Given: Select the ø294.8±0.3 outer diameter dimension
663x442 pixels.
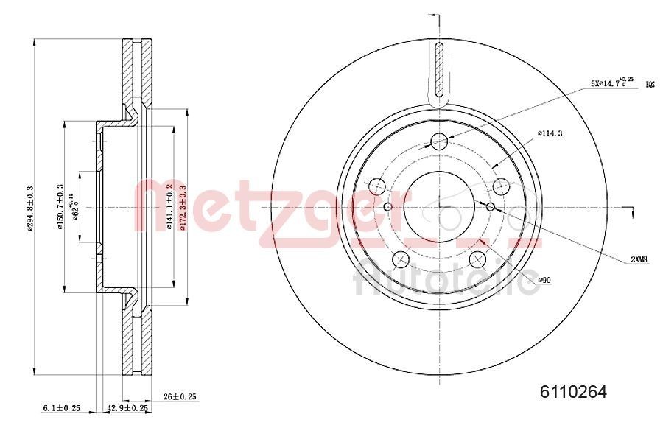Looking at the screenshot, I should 30,208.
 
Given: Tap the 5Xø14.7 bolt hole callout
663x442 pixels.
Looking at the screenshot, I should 612,84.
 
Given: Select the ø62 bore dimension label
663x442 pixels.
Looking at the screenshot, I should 74,207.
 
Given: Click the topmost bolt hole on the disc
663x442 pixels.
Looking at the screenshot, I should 439,141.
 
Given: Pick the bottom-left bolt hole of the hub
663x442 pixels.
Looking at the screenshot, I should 401,259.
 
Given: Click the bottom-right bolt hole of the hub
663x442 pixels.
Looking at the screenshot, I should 478,259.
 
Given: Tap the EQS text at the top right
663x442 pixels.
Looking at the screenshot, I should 650,85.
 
